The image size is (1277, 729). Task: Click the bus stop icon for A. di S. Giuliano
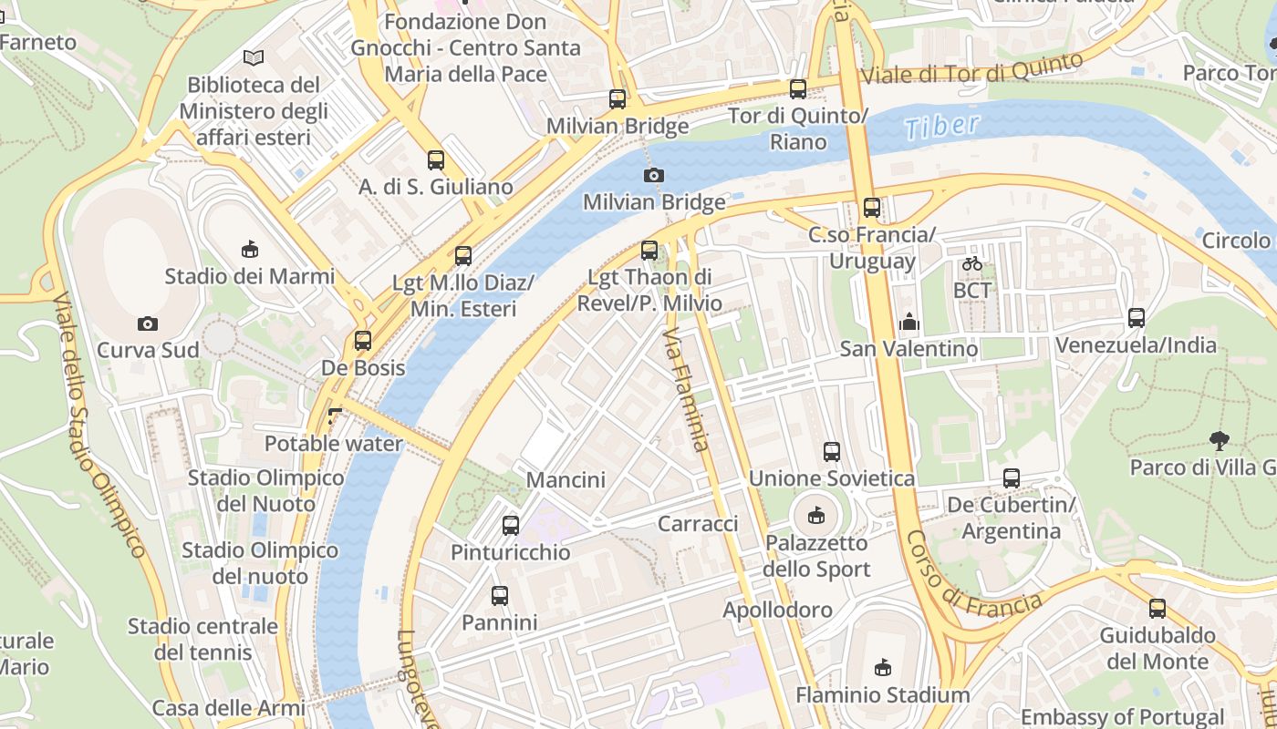coord(436,160)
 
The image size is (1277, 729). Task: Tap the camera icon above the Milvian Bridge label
coord(654,175)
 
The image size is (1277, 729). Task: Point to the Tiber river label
coord(943,127)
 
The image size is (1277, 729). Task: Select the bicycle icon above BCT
coord(972,264)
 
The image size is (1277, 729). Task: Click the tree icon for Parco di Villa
coord(1219,441)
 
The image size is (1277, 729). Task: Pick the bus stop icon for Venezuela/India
coord(1137,318)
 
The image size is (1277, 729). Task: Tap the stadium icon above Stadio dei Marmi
coord(250,249)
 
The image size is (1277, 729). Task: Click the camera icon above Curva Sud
coord(148,323)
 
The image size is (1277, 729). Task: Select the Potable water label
coord(333,444)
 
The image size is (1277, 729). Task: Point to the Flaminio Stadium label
coord(882,695)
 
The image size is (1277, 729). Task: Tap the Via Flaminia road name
coord(686,392)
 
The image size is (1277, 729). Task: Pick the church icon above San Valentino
coord(908,322)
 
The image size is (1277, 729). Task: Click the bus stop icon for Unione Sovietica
coord(832,451)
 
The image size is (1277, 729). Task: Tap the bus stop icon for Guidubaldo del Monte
coord(1158,609)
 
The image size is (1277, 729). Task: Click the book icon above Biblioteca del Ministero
coord(254,58)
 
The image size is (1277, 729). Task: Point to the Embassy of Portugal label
coord(1122,717)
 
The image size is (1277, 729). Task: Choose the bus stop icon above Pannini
coord(500,596)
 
